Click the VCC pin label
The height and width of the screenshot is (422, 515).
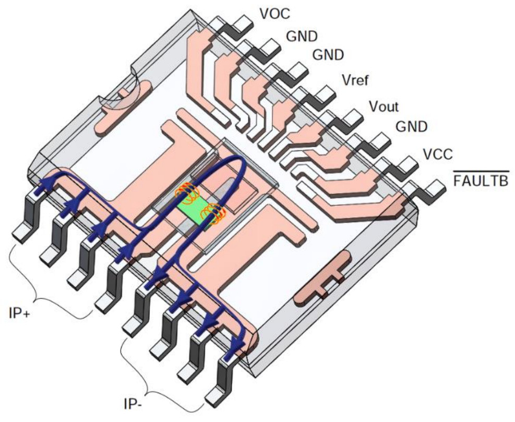[x=438, y=154]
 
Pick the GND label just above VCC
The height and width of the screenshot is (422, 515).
[x=411, y=127]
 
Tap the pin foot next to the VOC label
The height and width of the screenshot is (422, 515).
[x=243, y=22]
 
